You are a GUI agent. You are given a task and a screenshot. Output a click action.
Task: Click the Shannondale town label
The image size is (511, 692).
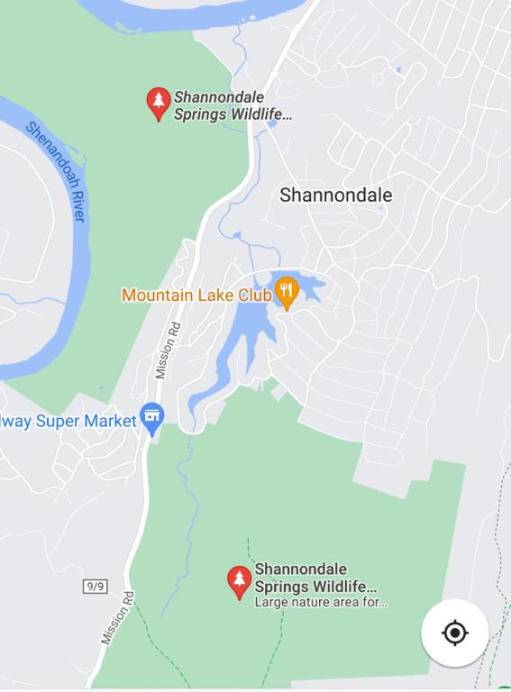[x=335, y=195]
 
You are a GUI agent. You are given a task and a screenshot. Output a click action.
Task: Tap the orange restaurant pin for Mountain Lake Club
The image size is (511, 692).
[x=287, y=291]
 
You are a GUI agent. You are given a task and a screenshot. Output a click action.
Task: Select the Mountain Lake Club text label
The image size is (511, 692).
[x=196, y=295]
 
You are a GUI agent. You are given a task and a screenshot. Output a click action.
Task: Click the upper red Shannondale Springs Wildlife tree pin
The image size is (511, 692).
[x=159, y=103]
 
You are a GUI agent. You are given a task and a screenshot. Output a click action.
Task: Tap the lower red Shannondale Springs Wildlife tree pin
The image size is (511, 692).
[x=239, y=580]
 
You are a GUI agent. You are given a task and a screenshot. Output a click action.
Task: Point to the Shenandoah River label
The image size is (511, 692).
[x=56, y=170]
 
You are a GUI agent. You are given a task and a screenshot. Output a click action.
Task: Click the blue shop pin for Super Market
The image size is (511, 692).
[x=152, y=418]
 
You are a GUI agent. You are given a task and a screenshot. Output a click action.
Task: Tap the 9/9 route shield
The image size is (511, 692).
[x=95, y=587]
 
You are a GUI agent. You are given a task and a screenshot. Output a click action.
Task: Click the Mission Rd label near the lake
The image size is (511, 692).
[x=168, y=350]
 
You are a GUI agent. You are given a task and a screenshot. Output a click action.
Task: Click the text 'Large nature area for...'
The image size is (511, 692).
[x=321, y=602]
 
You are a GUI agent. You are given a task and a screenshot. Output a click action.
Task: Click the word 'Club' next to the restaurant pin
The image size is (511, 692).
[x=255, y=295]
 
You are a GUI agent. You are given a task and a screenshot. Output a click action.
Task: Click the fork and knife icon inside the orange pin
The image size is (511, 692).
[x=287, y=289]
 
